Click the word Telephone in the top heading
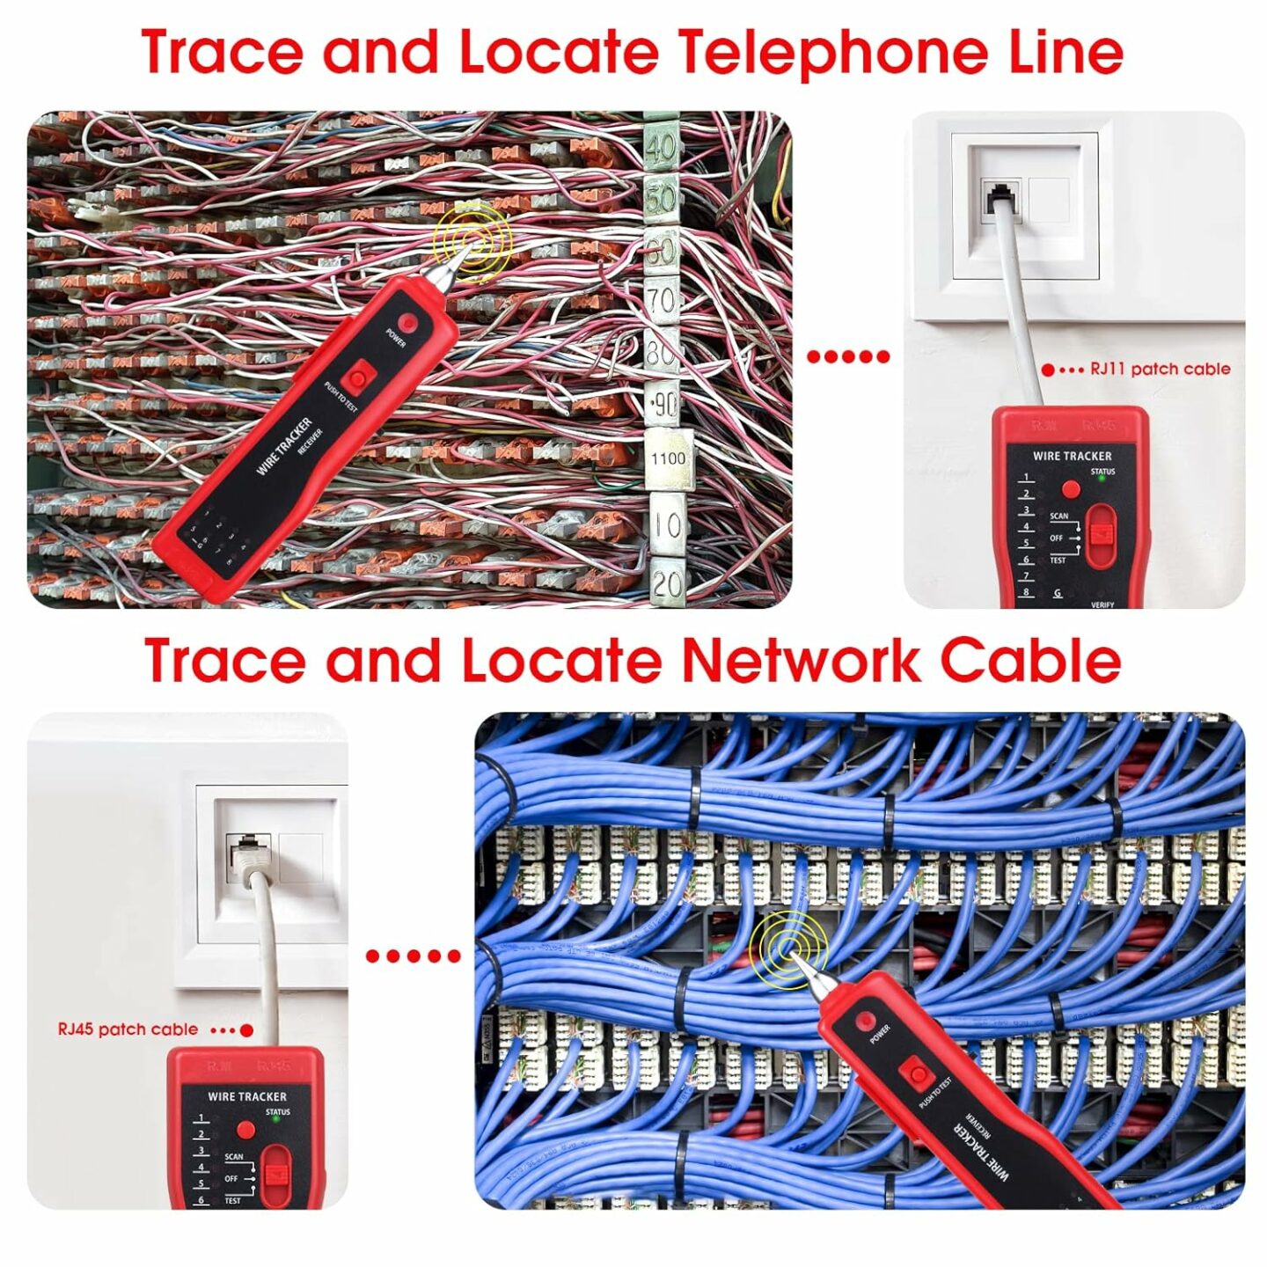point(835,53)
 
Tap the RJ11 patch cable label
point(1160,370)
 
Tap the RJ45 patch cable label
point(128,1029)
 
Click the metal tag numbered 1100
point(668,458)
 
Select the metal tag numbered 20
point(668,582)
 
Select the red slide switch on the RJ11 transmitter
point(1099,536)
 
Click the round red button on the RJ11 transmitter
point(1071,489)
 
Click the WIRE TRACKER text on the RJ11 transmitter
point(1072,456)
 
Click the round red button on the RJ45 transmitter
point(245,1131)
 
